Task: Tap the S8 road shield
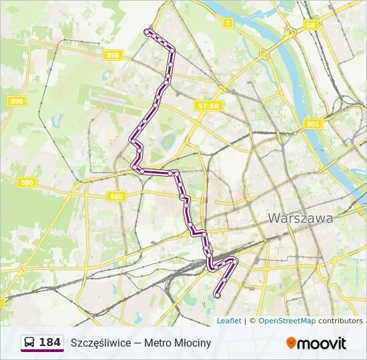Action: (x=310, y=25)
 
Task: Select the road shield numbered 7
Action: (x=228, y=23)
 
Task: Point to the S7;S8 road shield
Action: (x=208, y=105)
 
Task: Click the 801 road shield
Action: (x=313, y=124)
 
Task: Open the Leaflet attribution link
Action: (x=229, y=321)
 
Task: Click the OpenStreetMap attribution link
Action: (x=287, y=321)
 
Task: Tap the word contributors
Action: (x=340, y=321)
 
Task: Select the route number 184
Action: (x=50, y=343)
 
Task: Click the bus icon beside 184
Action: (x=30, y=343)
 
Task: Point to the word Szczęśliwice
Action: (x=102, y=343)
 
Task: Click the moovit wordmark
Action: (x=322, y=343)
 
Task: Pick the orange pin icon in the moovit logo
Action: (x=291, y=343)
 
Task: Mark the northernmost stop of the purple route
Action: (x=147, y=31)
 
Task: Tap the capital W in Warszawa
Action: (x=274, y=218)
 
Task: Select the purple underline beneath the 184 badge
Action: (x=42, y=351)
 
